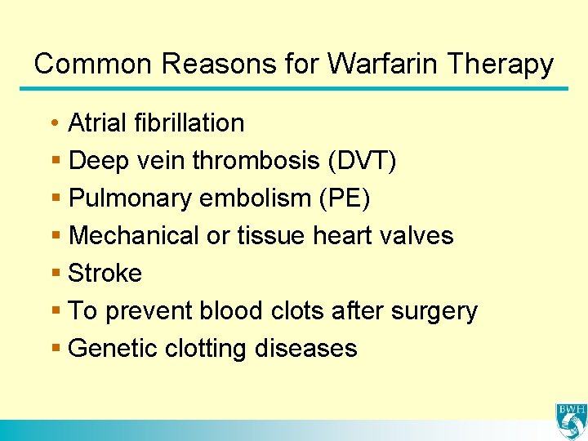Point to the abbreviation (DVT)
pos(362,161)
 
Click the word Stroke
pos(105,274)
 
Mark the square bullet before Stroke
pos(55,274)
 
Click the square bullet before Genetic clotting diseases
pos(55,349)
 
